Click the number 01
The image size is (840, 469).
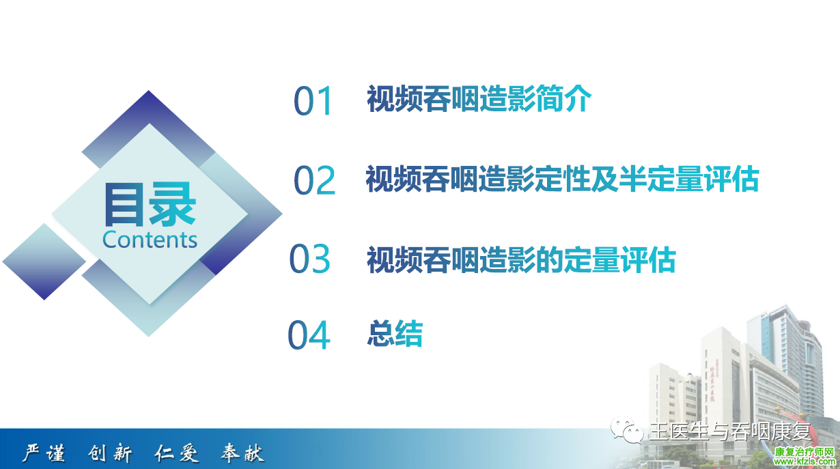[x=312, y=100]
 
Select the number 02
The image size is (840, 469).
[x=314, y=180]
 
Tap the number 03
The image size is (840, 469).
[x=310, y=258]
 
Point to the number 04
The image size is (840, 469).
[x=309, y=335]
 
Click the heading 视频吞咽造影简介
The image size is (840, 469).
[x=479, y=98]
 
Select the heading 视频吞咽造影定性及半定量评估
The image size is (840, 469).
[x=563, y=179]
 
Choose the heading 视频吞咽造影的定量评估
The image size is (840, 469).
[x=521, y=259]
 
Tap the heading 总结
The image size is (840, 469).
[x=395, y=333]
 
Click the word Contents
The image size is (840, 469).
[x=150, y=240]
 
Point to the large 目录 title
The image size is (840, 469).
[x=150, y=204]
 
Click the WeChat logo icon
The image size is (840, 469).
[x=627, y=430]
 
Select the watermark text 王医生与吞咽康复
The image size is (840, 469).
[x=730, y=432]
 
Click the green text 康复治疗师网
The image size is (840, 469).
[x=804, y=452]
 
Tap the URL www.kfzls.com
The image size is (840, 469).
[x=804, y=461]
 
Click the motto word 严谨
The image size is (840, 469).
[x=43, y=453]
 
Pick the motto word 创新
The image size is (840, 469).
[x=110, y=453]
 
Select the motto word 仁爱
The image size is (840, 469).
[x=177, y=453]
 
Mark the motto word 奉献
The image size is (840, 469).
[x=242, y=453]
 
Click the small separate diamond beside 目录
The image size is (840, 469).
[x=44, y=261]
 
